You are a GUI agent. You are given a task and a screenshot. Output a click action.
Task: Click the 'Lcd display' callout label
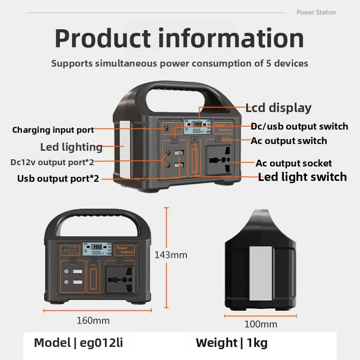point(278,108)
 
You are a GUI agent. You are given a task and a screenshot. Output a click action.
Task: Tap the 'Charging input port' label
point(53,130)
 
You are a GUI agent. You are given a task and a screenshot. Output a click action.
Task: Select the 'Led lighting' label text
point(71,147)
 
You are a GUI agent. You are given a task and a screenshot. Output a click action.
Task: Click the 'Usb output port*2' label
point(58,178)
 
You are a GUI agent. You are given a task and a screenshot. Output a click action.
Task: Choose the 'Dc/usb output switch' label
point(299,126)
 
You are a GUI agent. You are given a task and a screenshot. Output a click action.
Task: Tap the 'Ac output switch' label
point(289,141)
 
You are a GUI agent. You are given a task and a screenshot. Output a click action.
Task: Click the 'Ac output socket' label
point(293,163)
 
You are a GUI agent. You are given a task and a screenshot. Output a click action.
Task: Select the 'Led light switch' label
point(302,177)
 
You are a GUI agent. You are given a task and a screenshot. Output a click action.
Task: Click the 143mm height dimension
point(171,255)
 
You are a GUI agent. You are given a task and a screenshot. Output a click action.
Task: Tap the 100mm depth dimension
point(261,324)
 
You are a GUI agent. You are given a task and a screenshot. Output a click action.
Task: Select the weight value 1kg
point(256,343)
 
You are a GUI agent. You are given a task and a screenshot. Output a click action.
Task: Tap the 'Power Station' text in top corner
point(316,12)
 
